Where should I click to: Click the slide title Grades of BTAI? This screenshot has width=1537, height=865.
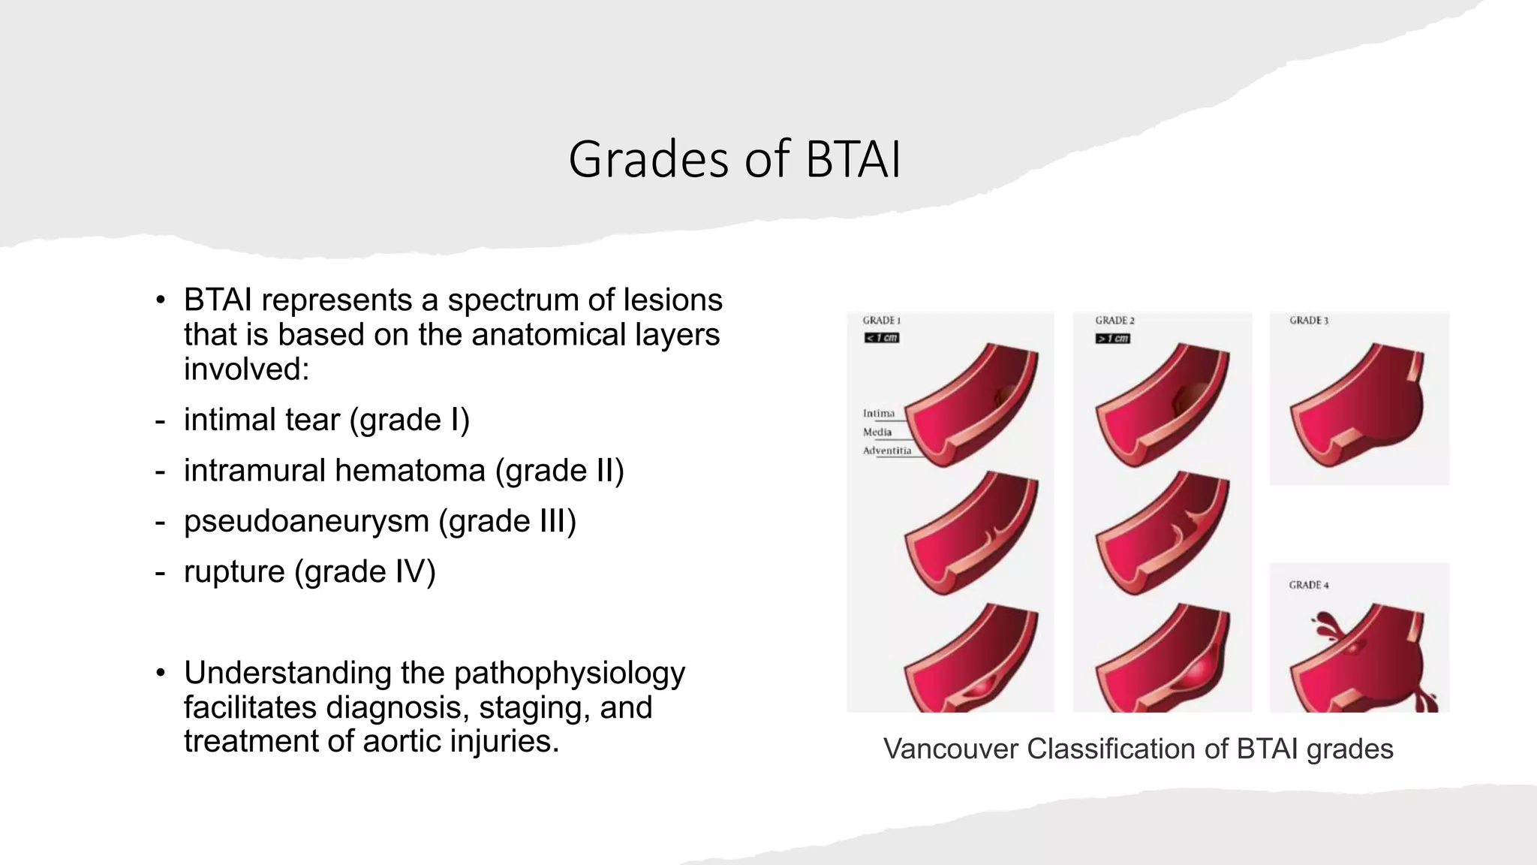point(734,159)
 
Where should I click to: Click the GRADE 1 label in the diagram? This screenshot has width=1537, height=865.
point(881,321)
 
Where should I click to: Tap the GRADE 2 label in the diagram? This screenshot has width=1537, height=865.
point(1114,321)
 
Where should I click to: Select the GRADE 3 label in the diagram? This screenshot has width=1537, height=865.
point(1309,321)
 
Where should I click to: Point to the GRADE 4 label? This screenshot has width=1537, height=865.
point(1309,585)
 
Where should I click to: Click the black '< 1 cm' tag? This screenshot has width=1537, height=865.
point(882,338)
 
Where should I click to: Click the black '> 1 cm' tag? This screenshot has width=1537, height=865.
point(1113,339)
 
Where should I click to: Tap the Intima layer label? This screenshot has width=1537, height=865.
point(879,414)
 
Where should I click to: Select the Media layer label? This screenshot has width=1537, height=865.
point(877,432)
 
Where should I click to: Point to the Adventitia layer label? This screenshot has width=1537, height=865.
point(887,451)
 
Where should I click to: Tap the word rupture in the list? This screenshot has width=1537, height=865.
point(234,572)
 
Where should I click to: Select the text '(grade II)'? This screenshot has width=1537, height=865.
point(559,471)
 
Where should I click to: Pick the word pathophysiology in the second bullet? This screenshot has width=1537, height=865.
point(569,674)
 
